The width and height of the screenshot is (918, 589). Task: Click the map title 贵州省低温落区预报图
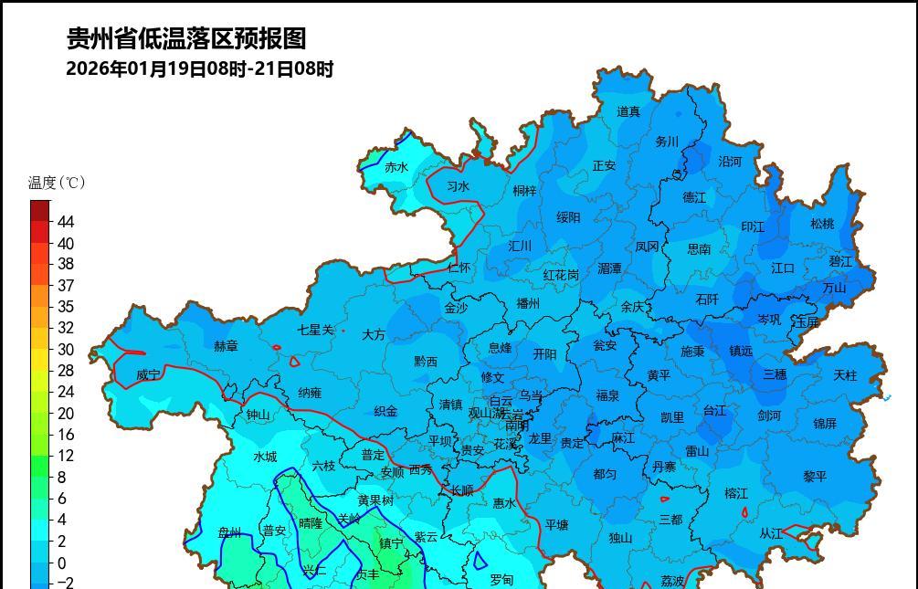(x=186, y=38)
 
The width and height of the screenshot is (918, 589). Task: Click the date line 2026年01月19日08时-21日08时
(x=199, y=68)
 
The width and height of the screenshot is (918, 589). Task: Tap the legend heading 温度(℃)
(x=57, y=183)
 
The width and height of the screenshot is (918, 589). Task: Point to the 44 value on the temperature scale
(x=66, y=222)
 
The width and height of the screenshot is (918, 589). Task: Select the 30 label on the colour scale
(x=66, y=349)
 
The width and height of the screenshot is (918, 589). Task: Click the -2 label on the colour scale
(x=66, y=583)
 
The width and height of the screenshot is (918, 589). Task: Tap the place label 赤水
(x=396, y=167)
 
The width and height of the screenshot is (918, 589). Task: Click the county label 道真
(x=628, y=111)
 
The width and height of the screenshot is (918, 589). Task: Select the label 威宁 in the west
(x=148, y=374)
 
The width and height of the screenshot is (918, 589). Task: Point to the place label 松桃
(x=822, y=224)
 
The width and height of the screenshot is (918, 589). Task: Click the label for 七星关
(x=316, y=330)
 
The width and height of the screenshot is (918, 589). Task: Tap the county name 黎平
(x=815, y=477)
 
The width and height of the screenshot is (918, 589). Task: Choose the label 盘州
(x=230, y=532)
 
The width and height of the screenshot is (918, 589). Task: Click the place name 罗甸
(x=501, y=580)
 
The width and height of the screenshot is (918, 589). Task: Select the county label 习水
(x=458, y=186)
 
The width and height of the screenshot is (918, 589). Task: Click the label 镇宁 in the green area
(x=391, y=543)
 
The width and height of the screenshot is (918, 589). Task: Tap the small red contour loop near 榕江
(x=744, y=513)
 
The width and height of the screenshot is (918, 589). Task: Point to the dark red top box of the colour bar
(x=40, y=211)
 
